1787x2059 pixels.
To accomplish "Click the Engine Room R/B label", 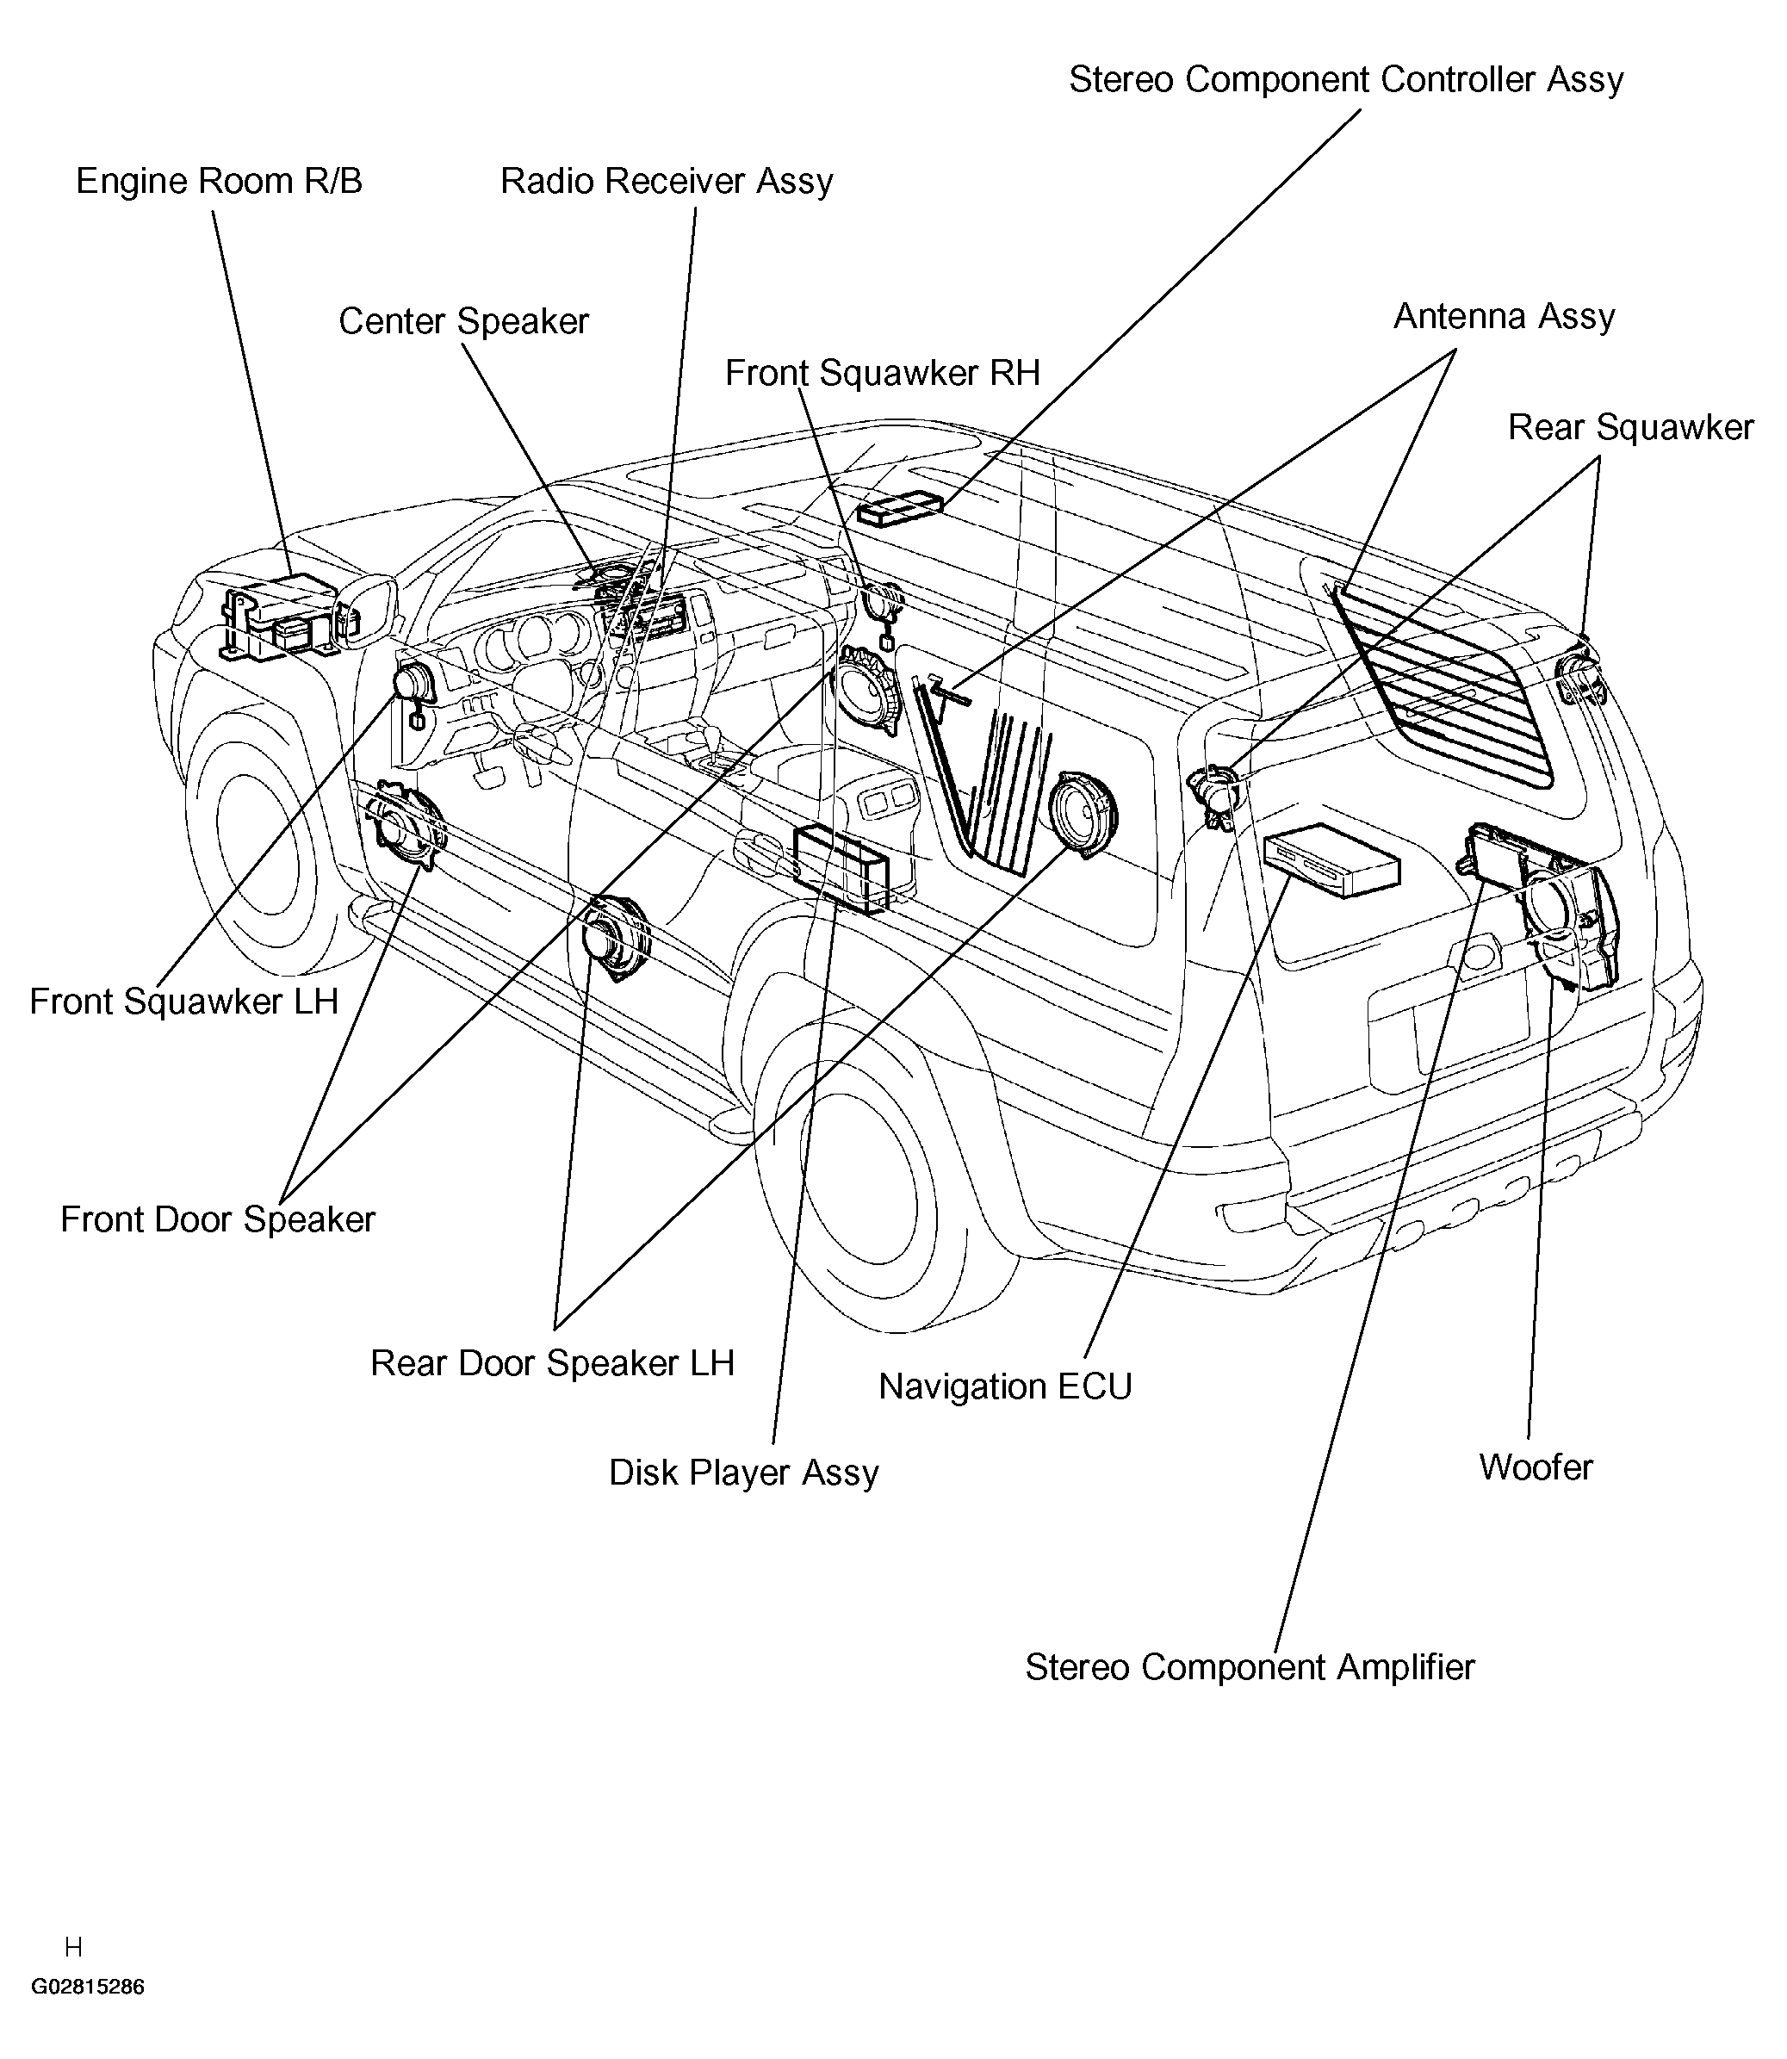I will tap(219, 182).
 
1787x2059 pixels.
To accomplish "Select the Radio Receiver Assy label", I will tap(666, 182).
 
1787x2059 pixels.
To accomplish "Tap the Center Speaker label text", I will tap(463, 322).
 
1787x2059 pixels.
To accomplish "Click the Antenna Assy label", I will tap(1504, 316).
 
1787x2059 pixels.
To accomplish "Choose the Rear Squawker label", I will tap(1629, 428).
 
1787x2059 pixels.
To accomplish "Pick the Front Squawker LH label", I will tap(184, 1002).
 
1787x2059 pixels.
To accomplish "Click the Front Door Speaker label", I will tap(217, 1219).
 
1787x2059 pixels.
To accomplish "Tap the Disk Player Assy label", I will tap(744, 1473).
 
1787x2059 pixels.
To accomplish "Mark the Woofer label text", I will tap(1536, 1467).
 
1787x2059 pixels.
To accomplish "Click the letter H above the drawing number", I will tap(73, 1947).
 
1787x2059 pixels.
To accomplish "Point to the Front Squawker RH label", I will tap(882, 373).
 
